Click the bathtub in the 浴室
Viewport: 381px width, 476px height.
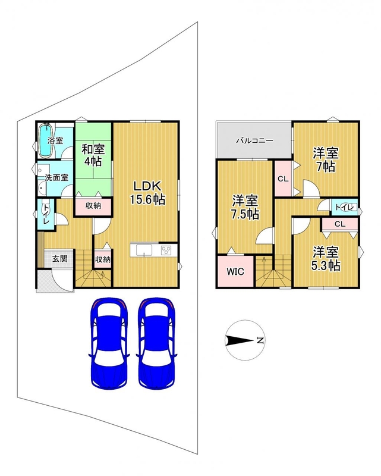[46, 140]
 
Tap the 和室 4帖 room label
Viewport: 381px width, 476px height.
[93, 155]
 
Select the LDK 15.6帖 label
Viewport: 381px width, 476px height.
[148, 193]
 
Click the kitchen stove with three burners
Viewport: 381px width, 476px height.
[166, 250]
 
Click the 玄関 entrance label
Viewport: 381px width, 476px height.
[59, 259]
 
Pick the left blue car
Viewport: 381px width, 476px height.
[109, 343]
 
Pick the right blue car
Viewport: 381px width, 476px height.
[156, 343]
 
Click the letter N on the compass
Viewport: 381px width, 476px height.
[260, 340]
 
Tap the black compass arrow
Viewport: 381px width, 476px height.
[240, 340]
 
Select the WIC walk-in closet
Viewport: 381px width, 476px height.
[235, 271]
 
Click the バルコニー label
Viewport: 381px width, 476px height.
[255, 141]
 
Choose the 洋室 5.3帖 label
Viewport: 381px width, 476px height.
[326, 259]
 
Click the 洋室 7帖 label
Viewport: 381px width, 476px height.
[326, 160]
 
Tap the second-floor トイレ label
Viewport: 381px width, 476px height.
[345, 208]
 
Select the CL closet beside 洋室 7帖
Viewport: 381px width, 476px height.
[283, 179]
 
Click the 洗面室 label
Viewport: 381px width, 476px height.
[56, 177]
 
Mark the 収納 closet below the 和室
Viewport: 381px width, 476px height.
[93, 206]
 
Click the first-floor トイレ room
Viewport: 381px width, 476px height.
[46, 214]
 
